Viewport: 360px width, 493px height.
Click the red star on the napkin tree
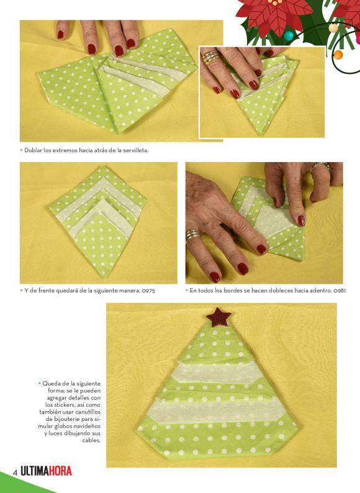point(218,317)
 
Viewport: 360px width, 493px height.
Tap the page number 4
point(14,473)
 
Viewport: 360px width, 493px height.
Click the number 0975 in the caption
point(148,291)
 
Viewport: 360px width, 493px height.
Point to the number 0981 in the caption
point(340,291)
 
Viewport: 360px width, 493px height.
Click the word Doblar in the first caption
point(33,150)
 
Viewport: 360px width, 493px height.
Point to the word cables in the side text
point(91,440)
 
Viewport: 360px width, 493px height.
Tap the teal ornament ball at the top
point(289,35)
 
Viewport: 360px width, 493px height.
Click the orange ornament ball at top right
point(338,55)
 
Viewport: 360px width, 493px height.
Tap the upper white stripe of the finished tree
point(218,373)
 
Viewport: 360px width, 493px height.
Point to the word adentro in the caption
point(322,291)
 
